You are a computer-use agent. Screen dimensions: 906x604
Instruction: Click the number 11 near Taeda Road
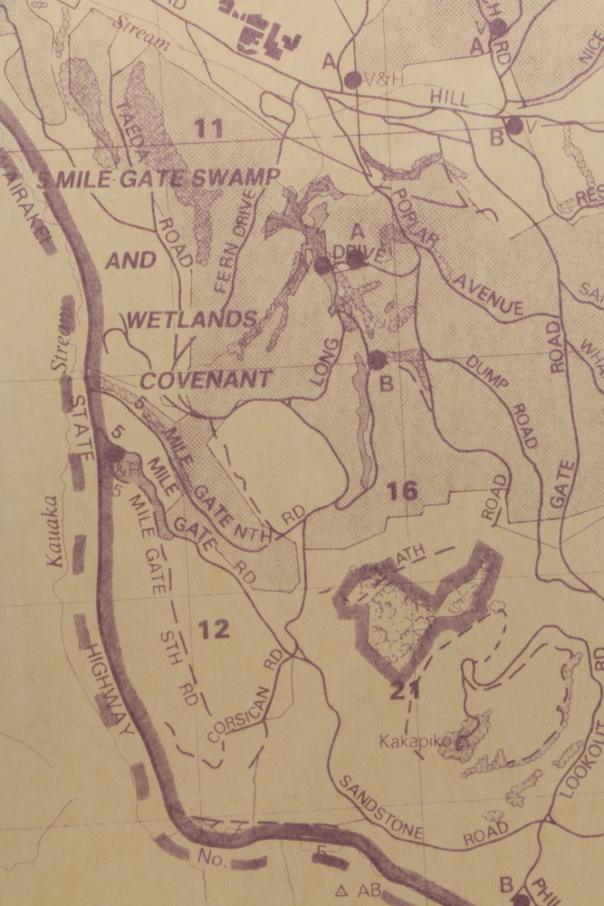[x=208, y=129]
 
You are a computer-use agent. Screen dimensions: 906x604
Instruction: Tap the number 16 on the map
[x=401, y=491]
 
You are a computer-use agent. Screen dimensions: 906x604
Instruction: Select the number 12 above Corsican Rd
[x=214, y=629]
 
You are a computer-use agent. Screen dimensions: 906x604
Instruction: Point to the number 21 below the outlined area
[x=405, y=692]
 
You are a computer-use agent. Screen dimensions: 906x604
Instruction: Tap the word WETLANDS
[x=191, y=319]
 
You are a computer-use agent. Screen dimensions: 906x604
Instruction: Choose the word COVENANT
[x=206, y=380]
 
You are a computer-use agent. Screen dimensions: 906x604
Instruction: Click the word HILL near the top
[x=450, y=97]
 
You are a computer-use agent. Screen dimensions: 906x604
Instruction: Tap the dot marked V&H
[x=352, y=80]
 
